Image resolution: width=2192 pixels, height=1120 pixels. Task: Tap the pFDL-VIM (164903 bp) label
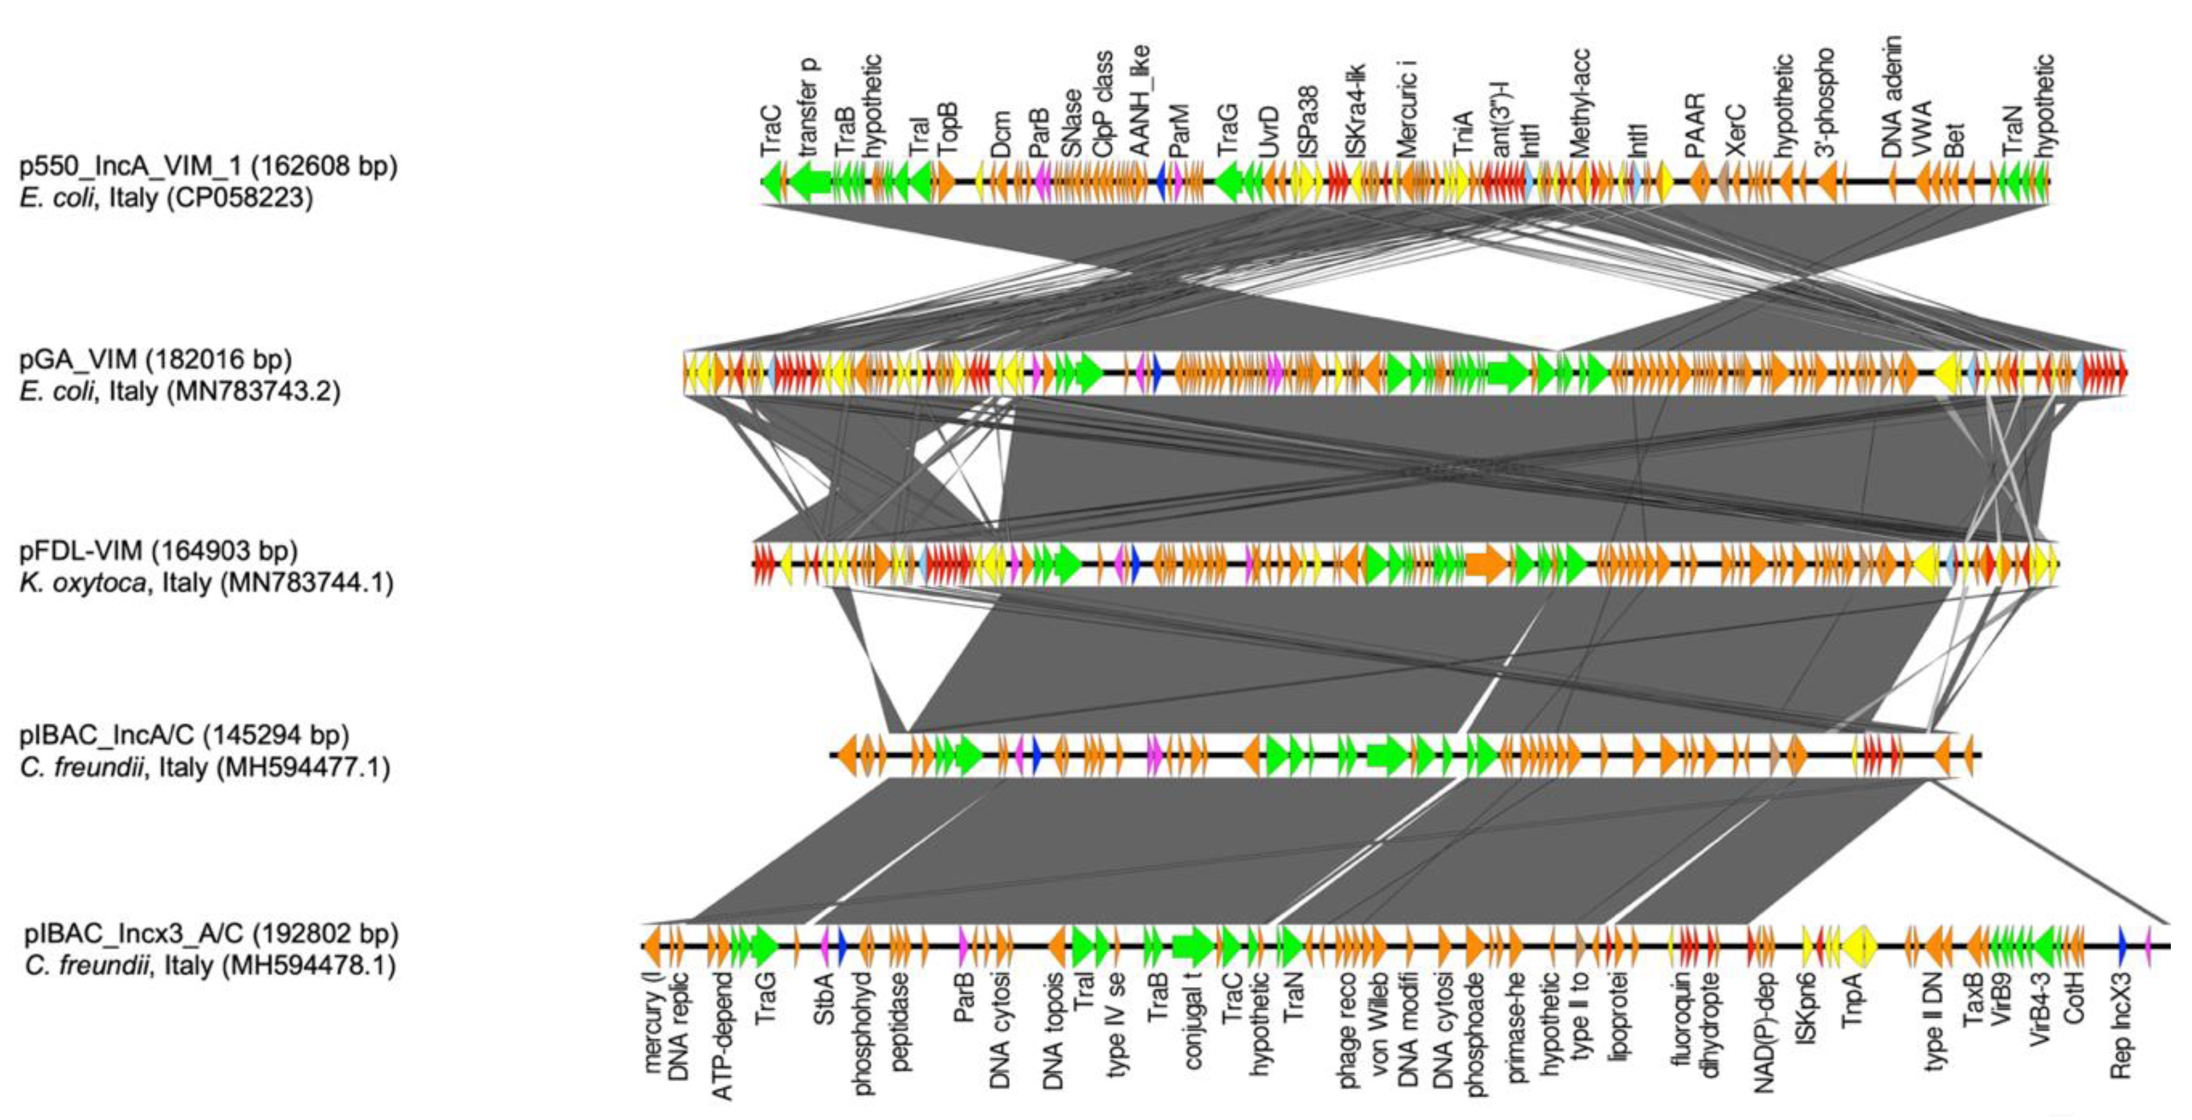[x=158, y=551]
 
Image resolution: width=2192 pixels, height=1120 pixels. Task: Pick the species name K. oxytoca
[x=82, y=583]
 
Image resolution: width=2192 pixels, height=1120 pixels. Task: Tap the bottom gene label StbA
[x=824, y=1002]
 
